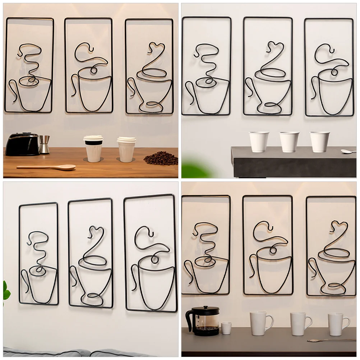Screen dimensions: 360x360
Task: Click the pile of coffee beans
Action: [x=161, y=158]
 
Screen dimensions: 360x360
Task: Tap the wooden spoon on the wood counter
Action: [x=47, y=167]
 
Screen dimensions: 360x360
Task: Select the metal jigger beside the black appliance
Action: [x=44, y=144]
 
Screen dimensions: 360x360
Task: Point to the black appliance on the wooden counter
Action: [x=22, y=144]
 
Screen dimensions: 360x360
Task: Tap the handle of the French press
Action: [x=189, y=319]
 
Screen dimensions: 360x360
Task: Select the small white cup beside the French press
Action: [x=226, y=328]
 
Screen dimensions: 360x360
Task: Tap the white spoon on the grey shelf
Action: [x=348, y=152]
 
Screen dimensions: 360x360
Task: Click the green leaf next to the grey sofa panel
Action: [x=6, y=291]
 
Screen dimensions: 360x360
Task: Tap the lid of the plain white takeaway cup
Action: [x=126, y=140]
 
